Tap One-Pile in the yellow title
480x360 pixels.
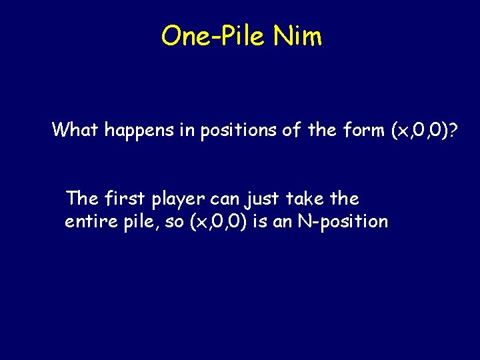[213, 36]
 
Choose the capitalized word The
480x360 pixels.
[81, 198]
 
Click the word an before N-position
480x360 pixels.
[283, 222]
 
